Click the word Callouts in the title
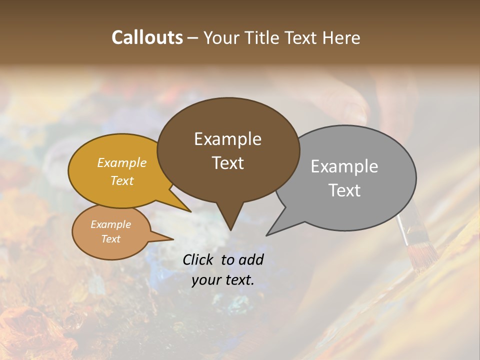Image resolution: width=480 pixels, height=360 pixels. pos(147,37)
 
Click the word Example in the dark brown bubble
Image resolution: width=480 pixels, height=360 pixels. pos(227,139)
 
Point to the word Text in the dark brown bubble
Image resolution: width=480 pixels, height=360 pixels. pos(227,163)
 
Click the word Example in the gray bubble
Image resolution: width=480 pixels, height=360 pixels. pos(344,166)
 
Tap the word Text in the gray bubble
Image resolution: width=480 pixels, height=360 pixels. pos(344,190)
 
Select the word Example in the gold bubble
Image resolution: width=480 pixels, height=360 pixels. pos(122,162)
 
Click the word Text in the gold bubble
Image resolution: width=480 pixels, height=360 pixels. pos(122,180)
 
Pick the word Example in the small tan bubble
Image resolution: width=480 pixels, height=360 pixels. pos(110,224)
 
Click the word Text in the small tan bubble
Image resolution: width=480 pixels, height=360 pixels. pos(110,239)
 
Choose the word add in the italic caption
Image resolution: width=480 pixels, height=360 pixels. pos(251,259)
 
